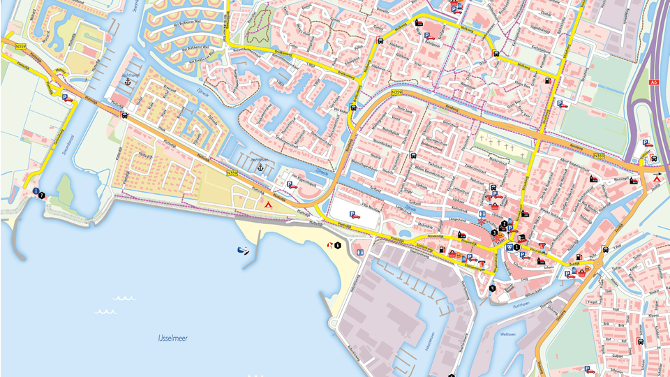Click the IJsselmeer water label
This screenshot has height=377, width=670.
coord(172,338)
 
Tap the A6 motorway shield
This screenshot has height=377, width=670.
coord(654,82)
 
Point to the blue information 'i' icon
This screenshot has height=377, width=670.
coord(35,191)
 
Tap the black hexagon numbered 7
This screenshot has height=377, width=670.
coord(43,195)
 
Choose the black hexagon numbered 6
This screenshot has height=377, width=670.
coord(338,245)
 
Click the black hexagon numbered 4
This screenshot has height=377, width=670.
coord(492,288)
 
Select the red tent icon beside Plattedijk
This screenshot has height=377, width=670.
coord(267,204)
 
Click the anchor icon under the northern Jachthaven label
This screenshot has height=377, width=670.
coord(128,82)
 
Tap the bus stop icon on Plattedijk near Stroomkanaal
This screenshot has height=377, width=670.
coord(124,115)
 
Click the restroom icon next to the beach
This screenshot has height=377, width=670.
coord(360,251)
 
